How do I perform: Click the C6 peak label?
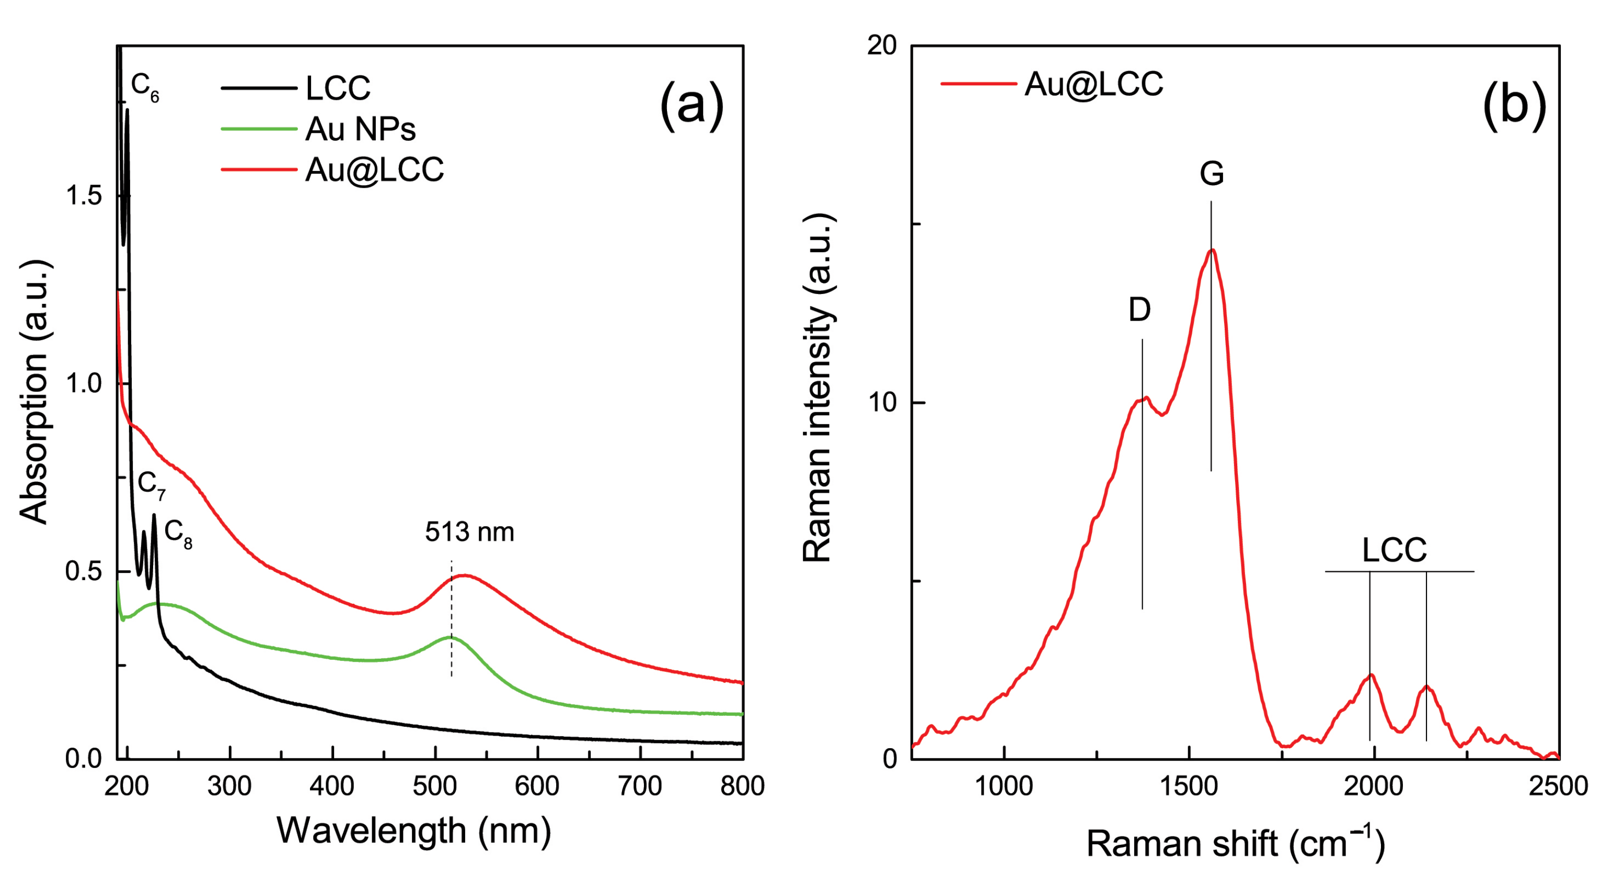(145, 87)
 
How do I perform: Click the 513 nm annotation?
(469, 532)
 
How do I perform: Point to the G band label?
(1212, 174)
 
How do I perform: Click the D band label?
(1139, 309)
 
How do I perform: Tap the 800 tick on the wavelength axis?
(742, 786)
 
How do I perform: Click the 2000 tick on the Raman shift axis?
(1374, 786)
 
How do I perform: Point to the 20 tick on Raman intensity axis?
(881, 46)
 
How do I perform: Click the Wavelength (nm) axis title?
(413, 831)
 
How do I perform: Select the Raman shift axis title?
(1235, 843)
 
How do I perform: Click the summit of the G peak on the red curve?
(1213, 250)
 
